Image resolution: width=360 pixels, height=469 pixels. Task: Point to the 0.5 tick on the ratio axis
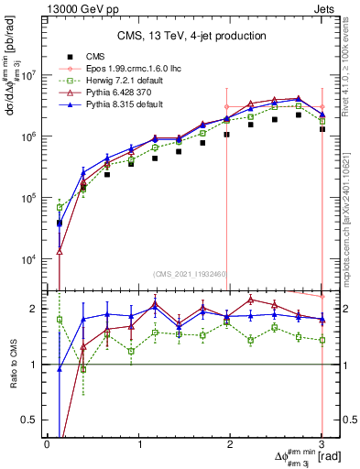tap(29, 420)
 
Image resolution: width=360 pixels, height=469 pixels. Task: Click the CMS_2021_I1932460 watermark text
tap(184, 274)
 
